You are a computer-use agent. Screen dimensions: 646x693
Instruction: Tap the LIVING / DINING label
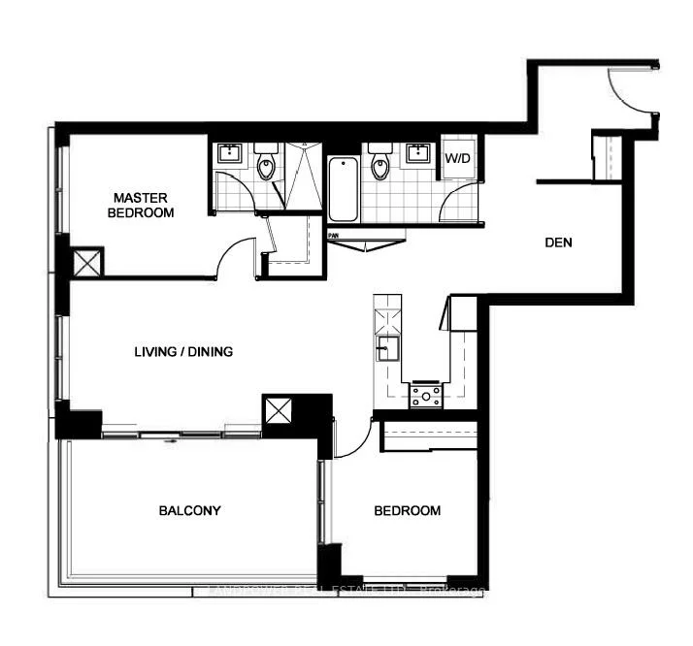click(x=183, y=352)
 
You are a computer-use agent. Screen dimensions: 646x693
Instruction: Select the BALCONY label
click(x=190, y=510)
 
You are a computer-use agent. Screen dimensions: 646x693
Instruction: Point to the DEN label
click(x=558, y=242)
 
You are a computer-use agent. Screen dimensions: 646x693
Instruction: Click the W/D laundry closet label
click(x=457, y=157)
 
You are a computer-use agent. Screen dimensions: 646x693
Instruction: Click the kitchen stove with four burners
click(x=425, y=394)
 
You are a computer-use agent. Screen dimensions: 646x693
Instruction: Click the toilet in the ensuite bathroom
click(x=267, y=164)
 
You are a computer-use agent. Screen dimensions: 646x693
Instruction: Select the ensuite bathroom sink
click(x=232, y=153)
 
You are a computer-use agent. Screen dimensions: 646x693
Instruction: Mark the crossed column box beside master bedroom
click(x=87, y=262)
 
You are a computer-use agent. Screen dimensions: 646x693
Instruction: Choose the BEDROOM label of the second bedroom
click(x=408, y=510)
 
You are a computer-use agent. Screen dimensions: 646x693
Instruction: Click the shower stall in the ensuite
click(x=303, y=175)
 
